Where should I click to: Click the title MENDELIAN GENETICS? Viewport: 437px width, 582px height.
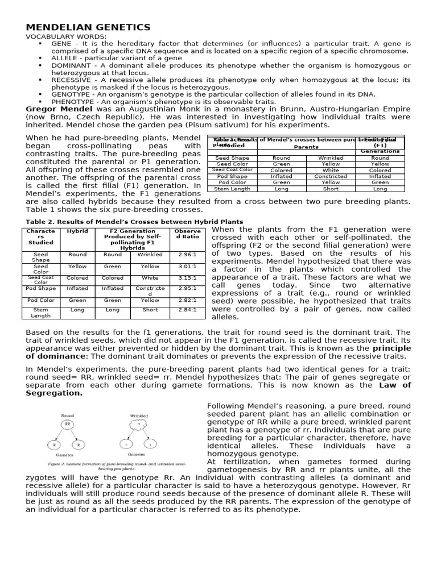[x=88, y=27]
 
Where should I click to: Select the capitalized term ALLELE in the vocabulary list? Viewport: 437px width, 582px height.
[x=65, y=58]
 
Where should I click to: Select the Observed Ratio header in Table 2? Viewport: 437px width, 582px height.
[x=187, y=235]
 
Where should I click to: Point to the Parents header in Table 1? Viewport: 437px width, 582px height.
[x=306, y=146]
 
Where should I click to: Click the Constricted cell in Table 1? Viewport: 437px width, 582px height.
[x=331, y=176]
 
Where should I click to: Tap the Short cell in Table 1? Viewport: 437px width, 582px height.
[x=331, y=189]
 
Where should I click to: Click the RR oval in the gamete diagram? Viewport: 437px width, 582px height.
[x=68, y=424]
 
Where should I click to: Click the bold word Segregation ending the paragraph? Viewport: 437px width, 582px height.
[x=54, y=393]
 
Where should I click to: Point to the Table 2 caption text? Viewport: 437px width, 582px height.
[x=134, y=222]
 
